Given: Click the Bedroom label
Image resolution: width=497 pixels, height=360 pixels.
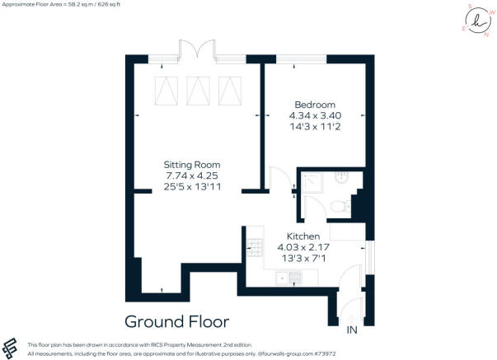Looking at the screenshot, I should point(315,105).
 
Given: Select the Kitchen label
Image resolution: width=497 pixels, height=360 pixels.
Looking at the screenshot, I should point(303,236).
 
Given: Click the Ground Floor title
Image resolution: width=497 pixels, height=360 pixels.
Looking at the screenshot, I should point(176,321).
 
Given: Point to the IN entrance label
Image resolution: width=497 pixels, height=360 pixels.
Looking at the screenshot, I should point(351,330).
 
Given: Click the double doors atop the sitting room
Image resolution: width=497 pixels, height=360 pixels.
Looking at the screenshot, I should point(198,51).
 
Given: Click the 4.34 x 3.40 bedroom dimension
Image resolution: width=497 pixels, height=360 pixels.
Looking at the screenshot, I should point(315,116).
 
